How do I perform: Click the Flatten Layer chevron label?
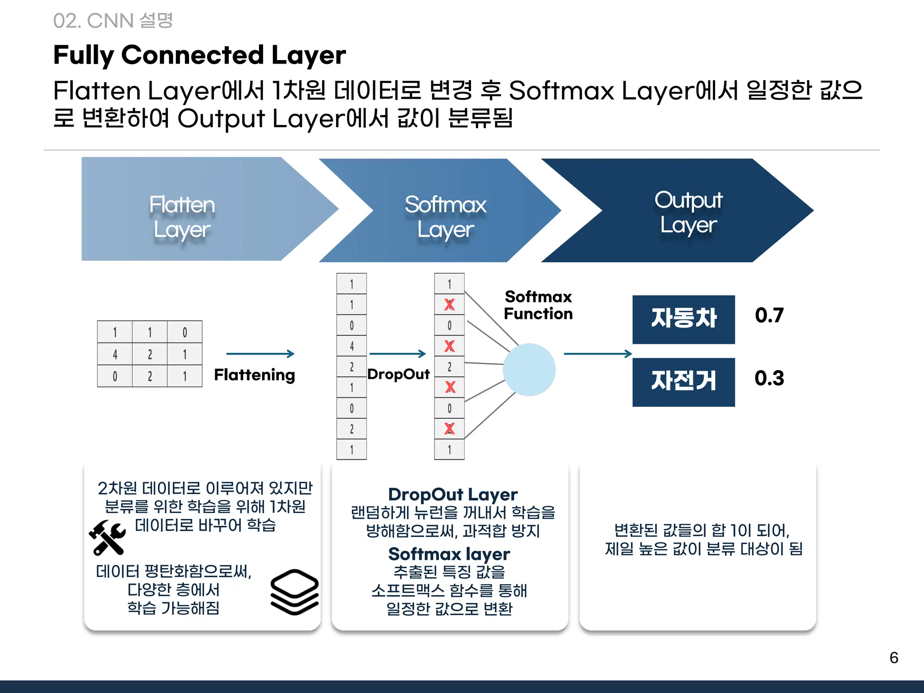[x=182, y=217]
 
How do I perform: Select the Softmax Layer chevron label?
[x=445, y=217]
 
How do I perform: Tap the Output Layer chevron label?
[x=688, y=213]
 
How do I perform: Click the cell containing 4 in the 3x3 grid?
[x=115, y=355]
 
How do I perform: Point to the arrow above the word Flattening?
[x=260, y=354]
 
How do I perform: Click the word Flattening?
[x=254, y=375]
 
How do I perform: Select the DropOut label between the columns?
[x=398, y=374]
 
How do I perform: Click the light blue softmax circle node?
[x=529, y=370]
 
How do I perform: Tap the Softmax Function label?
[x=538, y=305]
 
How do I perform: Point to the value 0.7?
[x=769, y=315]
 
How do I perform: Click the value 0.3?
[x=769, y=378]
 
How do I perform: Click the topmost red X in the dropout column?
[x=449, y=305]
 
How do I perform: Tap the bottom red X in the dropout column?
[x=449, y=429]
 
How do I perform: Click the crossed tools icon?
[x=107, y=537]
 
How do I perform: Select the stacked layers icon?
[x=295, y=591]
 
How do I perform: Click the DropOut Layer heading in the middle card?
[x=453, y=494]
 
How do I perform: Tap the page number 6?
[x=893, y=658]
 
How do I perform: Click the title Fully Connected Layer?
[x=199, y=55]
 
